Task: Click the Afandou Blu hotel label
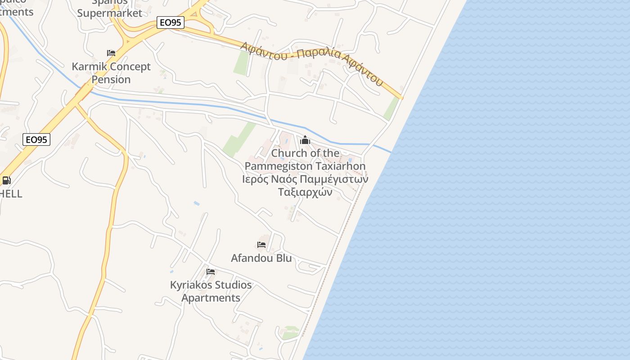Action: (x=261, y=258)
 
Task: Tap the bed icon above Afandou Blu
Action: (x=261, y=245)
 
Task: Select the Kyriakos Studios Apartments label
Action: (x=211, y=291)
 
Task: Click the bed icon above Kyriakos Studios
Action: (x=211, y=272)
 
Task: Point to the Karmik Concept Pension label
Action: (x=111, y=73)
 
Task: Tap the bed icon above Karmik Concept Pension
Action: (x=111, y=53)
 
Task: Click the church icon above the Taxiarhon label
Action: (x=305, y=140)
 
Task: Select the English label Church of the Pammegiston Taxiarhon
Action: (x=305, y=160)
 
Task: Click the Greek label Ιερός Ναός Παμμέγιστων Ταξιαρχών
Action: (x=305, y=185)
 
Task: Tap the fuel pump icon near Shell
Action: (x=6, y=181)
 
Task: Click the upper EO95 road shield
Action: (x=171, y=22)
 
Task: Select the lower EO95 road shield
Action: (x=36, y=139)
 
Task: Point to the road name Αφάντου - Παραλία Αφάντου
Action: (x=311, y=63)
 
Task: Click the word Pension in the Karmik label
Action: (x=111, y=80)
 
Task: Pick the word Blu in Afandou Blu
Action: (x=284, y=258)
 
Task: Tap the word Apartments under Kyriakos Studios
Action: (x=211, y=298)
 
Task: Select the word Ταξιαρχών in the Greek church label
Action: (x=305, y=192)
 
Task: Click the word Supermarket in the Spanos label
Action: (x=110, y=13)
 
